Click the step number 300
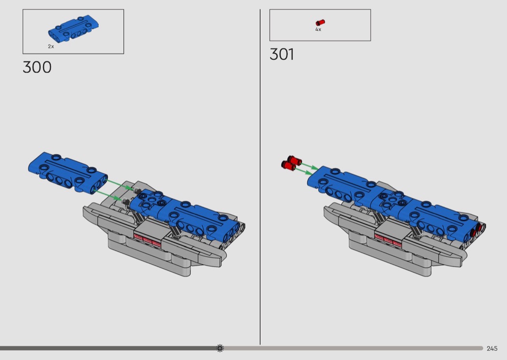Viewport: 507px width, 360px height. pos(37,67)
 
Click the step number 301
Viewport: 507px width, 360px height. pos(282,55)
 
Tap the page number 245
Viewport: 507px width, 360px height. pos(492,348)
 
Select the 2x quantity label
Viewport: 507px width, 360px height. pos(51,46)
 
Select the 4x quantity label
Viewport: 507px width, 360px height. pos(318,29)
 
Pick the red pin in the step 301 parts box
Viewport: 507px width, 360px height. pos(320,22)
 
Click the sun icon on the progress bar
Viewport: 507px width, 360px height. pos(220,348)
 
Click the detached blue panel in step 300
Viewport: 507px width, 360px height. pos(68,173)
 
